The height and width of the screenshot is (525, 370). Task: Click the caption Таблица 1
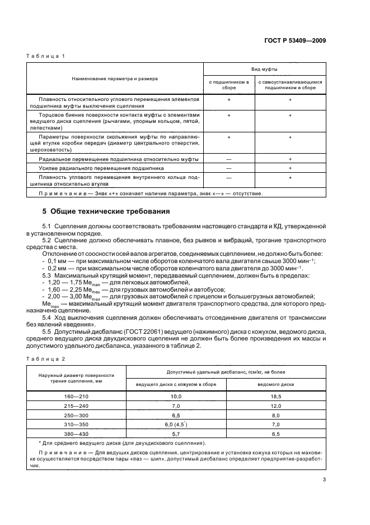(x=47, y=56)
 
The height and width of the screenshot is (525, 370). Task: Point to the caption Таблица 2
(x=47, y=358)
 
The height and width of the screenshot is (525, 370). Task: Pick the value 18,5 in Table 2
(x=276, y=397)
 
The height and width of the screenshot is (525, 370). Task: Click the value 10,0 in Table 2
(x=176, y=397)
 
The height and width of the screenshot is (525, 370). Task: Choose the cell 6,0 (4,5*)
(x=176, y=424)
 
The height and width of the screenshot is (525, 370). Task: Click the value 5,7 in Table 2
(x=176, y=434)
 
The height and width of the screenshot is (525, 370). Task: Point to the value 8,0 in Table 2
(x=276, y=416)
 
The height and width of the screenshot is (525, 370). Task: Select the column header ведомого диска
(x=276, y=384)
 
